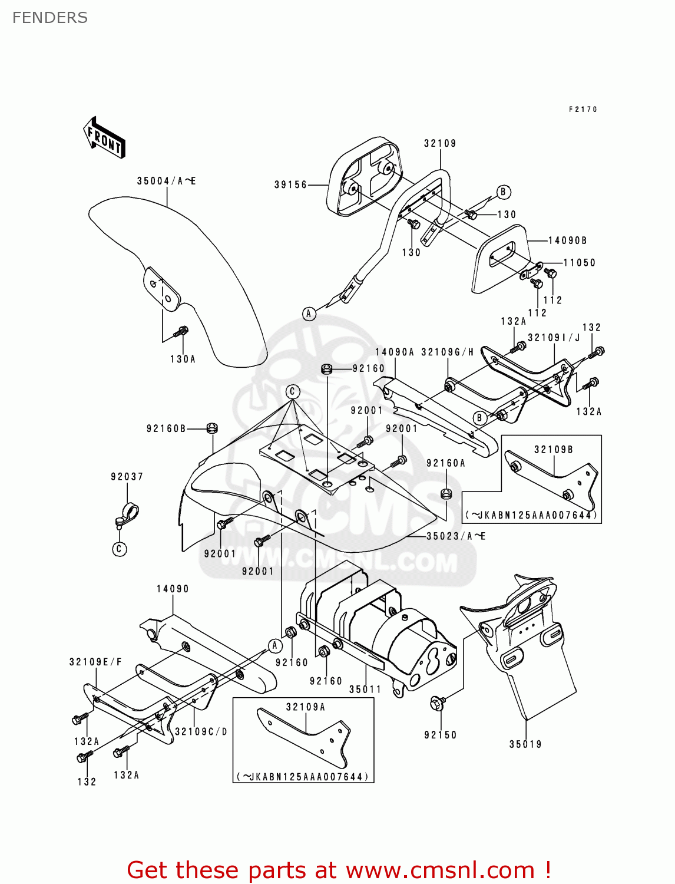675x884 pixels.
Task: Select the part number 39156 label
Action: click(x=291, y=185)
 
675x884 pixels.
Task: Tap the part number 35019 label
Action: click(x=525, y=744)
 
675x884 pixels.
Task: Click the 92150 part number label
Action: click(x=441, y=735)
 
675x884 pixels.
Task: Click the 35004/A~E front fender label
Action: click(x=166, y=181)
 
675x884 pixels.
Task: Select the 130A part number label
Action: click(x=183, y=359)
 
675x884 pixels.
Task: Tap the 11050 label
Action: click(x=580, y=263)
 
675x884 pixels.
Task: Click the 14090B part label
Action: click(x=567, y=240)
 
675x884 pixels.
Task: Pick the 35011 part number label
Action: click(x=365, y=689)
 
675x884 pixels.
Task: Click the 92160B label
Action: click(x=166, y=428)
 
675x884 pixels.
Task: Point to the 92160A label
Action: click(x=446, y=463)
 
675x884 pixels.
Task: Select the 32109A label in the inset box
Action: click(x=306, y=707)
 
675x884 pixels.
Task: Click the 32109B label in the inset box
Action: click(x=554, y=450)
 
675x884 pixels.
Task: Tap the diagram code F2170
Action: click(x=583, y=110)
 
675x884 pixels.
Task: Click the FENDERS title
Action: click(x=50, y=18)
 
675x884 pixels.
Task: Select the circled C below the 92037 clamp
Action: click(x=120, y=549)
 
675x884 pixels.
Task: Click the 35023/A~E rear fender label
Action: click(x=456, y=536)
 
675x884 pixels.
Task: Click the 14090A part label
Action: click(x=395, y=352)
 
